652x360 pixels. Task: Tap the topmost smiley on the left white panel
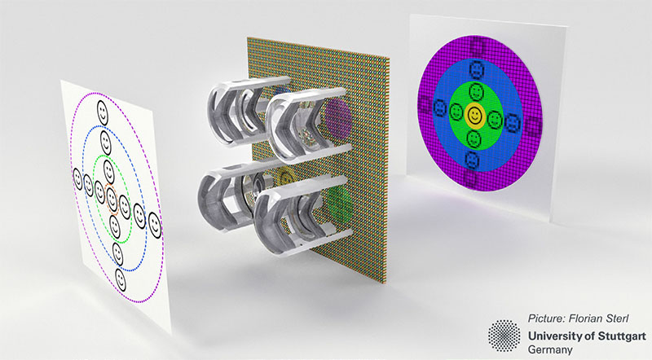point(103,112)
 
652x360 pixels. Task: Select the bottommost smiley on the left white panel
point(121,279)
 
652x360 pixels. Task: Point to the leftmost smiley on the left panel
point(77,179)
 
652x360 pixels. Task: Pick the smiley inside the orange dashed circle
point(112,198)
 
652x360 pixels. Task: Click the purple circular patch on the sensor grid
point(337,117)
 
